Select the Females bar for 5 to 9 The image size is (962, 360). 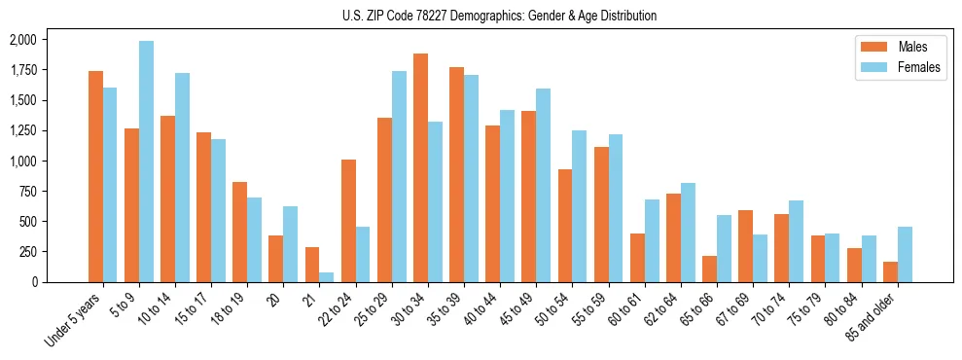(x=146, y=162)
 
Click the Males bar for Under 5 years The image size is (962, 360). (x=95, y=176)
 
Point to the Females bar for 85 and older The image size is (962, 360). (x=905, y=254)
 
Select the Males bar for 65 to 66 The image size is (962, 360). (x=709, y=269)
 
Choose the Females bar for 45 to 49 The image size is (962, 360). (x=543, y=185)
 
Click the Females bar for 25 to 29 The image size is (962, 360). (x=399, y=176)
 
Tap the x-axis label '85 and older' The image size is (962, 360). (x=873, y=315)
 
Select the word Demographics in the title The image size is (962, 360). (x=506, y=16)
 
